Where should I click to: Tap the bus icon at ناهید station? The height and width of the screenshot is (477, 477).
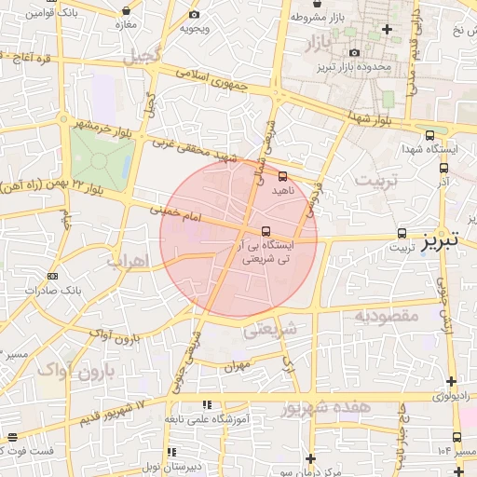pos(282,174)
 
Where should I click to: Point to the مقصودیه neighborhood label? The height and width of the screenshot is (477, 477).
pos(384,316)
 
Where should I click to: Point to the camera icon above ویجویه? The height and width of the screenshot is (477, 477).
pos(194,15)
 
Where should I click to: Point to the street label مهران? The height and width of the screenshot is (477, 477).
pos(238,367)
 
